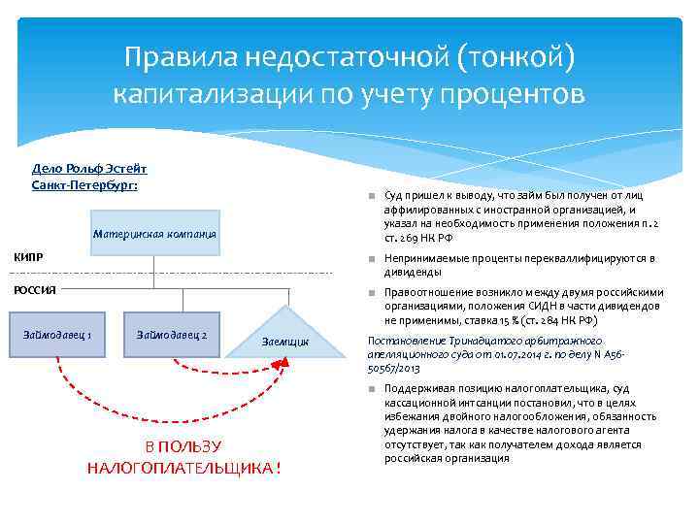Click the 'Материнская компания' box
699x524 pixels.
155,234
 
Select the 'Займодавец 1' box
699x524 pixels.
63,335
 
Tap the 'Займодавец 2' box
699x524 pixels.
172,335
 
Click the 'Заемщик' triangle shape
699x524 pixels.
286,335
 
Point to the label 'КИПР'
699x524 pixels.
26,257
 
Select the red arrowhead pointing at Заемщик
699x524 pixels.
283,362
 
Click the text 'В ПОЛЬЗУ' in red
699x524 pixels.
183,446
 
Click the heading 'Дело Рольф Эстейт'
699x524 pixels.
89,168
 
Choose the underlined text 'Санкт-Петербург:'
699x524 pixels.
84,183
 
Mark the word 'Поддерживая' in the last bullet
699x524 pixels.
420,389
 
